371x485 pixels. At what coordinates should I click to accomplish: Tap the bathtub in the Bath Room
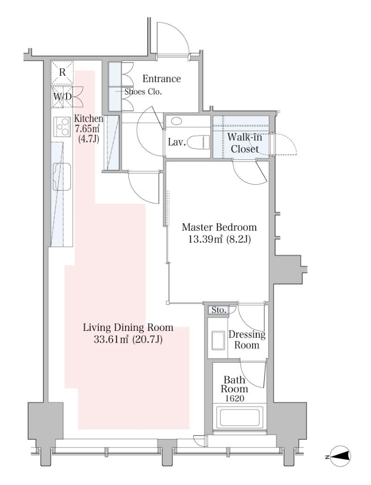[x=240, y=416]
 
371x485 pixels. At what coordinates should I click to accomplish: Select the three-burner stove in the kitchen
[x=61, y=127]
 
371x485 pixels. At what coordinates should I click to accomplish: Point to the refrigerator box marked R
[x=62, y=73]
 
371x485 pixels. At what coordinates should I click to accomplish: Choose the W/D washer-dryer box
[x=62, y=96]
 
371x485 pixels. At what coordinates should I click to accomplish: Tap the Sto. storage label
[x=219, y=310]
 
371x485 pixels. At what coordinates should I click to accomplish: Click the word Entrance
[x=161, y=78]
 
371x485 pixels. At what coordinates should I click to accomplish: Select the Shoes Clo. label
[x=143, y=92]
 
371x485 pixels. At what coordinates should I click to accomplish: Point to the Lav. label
[x=177, y=142]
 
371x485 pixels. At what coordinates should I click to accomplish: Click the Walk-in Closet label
[x=245, y=143]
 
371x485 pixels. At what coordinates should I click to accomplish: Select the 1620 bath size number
[x=235, y=399]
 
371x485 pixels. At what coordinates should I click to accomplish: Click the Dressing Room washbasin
[x=218, y=340]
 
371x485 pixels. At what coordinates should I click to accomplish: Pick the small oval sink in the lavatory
[x=177, y=121]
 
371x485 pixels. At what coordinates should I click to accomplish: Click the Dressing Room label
[x=247, y=339]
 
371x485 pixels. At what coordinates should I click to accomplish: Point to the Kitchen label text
[x=89, y=119]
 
